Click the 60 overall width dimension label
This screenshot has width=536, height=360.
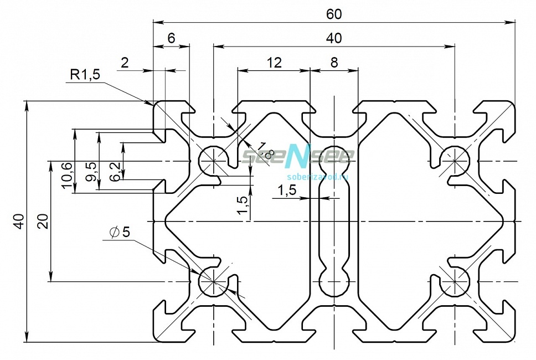334,14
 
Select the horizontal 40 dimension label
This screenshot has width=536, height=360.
334,38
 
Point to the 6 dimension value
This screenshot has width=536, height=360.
172,38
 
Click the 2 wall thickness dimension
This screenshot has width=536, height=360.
125,63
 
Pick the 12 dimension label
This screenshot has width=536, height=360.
274,63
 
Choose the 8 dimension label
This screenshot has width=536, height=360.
334,63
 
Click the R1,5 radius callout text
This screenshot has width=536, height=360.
85,75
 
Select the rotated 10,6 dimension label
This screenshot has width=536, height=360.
68,175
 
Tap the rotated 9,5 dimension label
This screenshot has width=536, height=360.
91,173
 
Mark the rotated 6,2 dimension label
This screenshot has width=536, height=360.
115,171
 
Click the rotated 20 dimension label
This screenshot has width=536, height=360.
43,221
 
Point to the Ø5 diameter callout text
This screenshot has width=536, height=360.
120,232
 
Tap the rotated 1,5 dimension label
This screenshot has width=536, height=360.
243,205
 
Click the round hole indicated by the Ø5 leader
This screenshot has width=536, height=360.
214,281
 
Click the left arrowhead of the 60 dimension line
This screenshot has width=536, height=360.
157,22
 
